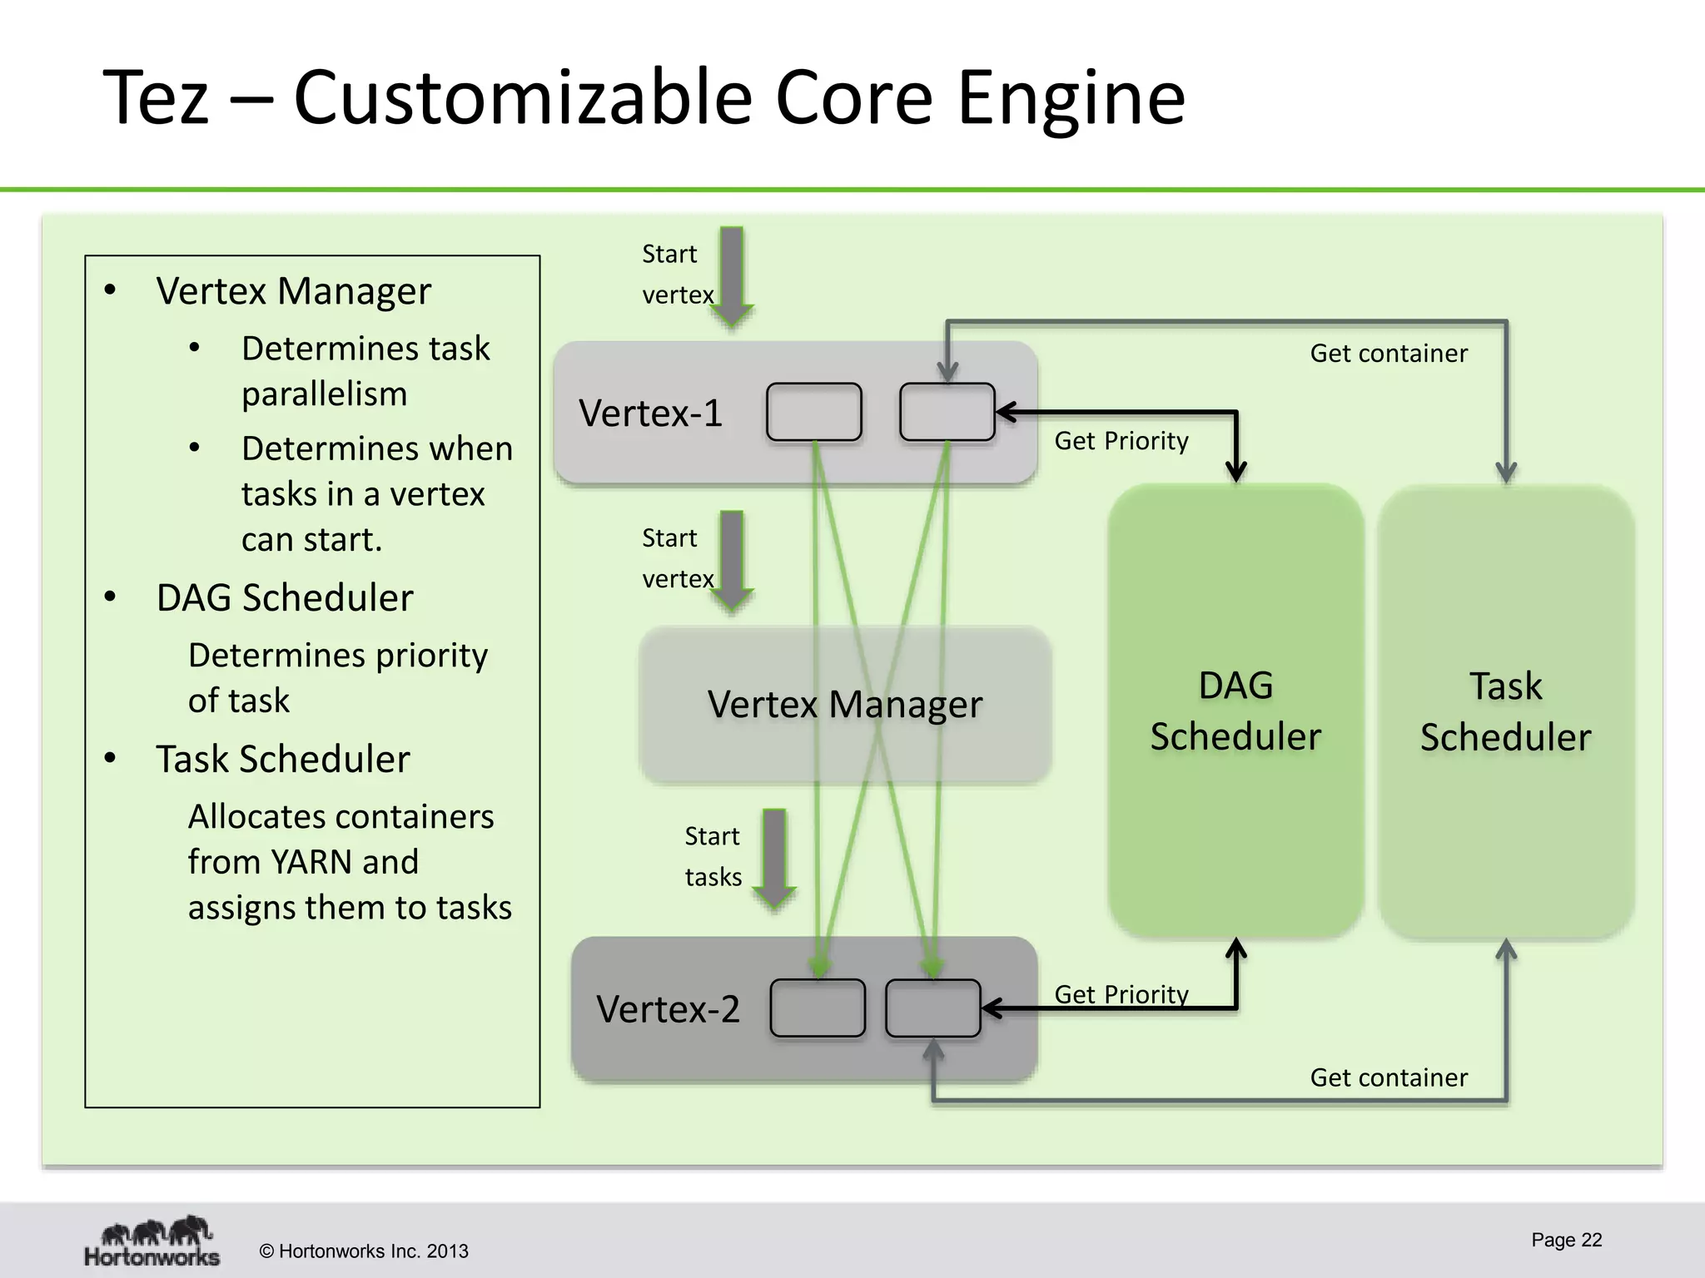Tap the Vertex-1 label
(650, 413)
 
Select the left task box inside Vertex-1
(813, 412)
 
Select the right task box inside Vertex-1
(947, 412)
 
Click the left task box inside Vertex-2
(818, 1008)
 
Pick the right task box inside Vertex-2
(932, 1008)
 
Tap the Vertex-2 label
(668, 1008)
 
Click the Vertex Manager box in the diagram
(844, 704)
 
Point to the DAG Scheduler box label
(1235, 711)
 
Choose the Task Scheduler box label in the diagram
(1505, 711)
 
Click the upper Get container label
(1388, 353)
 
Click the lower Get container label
(1388, 1077)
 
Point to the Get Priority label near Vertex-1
(1121, 440)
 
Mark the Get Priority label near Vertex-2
(1121, 994)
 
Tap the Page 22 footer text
(1566, 1240)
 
